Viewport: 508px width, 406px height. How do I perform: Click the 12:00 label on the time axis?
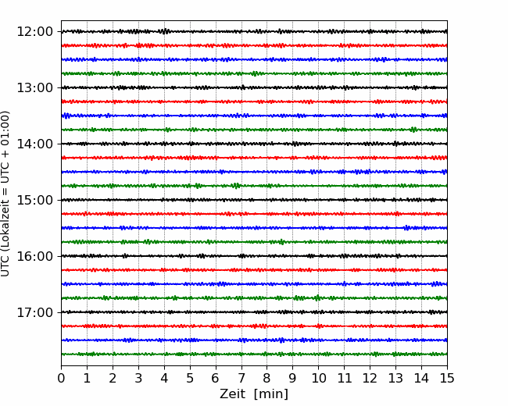34,32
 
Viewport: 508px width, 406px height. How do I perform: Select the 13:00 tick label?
34,87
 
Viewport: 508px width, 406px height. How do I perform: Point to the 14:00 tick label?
34,144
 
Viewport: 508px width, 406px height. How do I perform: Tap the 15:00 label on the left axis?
34,200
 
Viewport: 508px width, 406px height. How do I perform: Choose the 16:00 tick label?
34,256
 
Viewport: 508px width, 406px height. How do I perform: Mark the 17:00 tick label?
34,312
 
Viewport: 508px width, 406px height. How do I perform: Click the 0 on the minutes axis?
61,378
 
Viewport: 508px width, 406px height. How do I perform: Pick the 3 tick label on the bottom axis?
138,378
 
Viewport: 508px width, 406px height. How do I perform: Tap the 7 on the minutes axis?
241,378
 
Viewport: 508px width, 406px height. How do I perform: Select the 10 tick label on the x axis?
318,378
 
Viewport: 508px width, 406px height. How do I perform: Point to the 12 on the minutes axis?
370,378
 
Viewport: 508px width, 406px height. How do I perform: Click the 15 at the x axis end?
447,378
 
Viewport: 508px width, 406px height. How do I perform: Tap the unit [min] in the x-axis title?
271,394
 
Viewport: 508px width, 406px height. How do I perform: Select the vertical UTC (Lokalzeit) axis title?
5,194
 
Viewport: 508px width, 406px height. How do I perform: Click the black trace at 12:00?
254,31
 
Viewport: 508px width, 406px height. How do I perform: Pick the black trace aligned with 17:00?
254,312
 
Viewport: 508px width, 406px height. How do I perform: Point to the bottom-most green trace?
254,354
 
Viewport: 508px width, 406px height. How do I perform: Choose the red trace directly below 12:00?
254,45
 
